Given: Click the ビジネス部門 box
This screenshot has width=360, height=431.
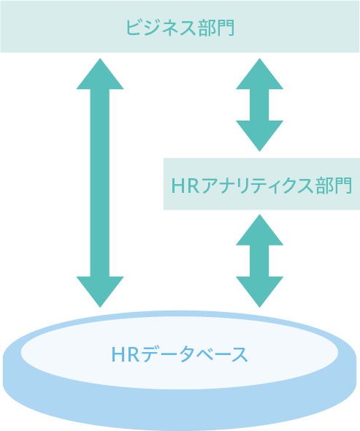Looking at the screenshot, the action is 180,26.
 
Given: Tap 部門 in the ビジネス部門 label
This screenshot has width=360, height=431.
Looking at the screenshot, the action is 216,28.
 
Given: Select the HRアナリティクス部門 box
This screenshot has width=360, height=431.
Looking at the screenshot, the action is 261,184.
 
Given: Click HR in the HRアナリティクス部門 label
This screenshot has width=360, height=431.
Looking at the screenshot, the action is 185,186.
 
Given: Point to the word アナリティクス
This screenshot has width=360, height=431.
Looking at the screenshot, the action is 257,186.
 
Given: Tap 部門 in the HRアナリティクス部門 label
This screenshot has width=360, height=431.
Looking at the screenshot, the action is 334,186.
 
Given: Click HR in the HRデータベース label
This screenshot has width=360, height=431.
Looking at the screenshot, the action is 126,354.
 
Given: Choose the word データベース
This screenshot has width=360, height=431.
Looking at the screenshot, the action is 194,354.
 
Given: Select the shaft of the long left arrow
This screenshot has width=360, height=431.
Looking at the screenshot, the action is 100,183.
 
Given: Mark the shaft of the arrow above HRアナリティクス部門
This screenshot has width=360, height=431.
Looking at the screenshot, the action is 259,104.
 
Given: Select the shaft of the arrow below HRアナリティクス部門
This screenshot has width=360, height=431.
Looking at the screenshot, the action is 259,261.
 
